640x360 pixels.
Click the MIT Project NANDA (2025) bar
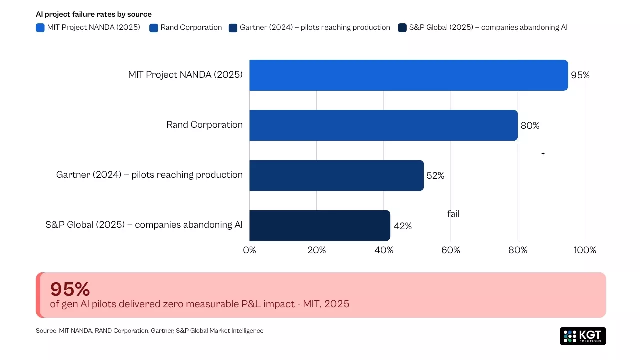[408, 75]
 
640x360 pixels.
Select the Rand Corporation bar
[383, 125]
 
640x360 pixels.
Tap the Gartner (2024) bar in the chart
[336, 175]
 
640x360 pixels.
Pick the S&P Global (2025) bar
[320, 225]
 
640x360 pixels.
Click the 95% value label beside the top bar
[580, 75]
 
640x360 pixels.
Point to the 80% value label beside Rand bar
[530, 126]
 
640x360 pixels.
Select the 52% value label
[435, 176]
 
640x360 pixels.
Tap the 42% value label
[402, 226]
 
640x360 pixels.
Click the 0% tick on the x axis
[249, 250]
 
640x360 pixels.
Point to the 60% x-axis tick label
[451, 250]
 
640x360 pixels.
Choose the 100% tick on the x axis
[585, 250]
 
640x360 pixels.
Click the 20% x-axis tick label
[317, 250]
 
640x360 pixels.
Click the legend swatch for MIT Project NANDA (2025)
[40, 28]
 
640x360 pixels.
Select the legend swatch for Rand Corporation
[154, 28]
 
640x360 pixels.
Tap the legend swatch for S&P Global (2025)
[402, 28]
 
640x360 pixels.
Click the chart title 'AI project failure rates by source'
[94, 14]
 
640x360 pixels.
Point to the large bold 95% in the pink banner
[70, 289]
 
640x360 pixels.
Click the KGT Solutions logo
[583, 336]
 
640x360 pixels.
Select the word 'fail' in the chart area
[453, 214]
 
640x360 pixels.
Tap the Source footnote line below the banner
[149, 331]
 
